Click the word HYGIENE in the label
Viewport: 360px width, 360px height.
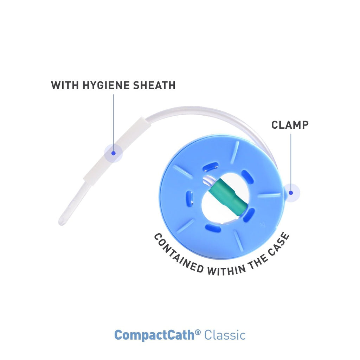(x=106, y=85)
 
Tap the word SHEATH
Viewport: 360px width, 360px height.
(x=154, y=85)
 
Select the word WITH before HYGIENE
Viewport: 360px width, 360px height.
(x=65, y=85)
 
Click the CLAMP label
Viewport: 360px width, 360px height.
(x=290, y=125)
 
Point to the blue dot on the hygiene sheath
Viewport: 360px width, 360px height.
(x=113, y=153)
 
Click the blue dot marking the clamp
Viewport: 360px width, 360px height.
(x=291, y=193)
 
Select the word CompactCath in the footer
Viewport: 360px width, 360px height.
(x=154, y=335)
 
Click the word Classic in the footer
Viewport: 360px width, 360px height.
(x=225, y=335)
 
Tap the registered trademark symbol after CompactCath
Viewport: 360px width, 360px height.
(x=198, y=332)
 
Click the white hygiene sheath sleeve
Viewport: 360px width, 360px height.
(x=117, y=152)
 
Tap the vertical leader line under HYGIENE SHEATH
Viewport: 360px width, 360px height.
(x=113, y=123)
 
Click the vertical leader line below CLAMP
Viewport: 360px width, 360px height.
(x=291, y=162)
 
